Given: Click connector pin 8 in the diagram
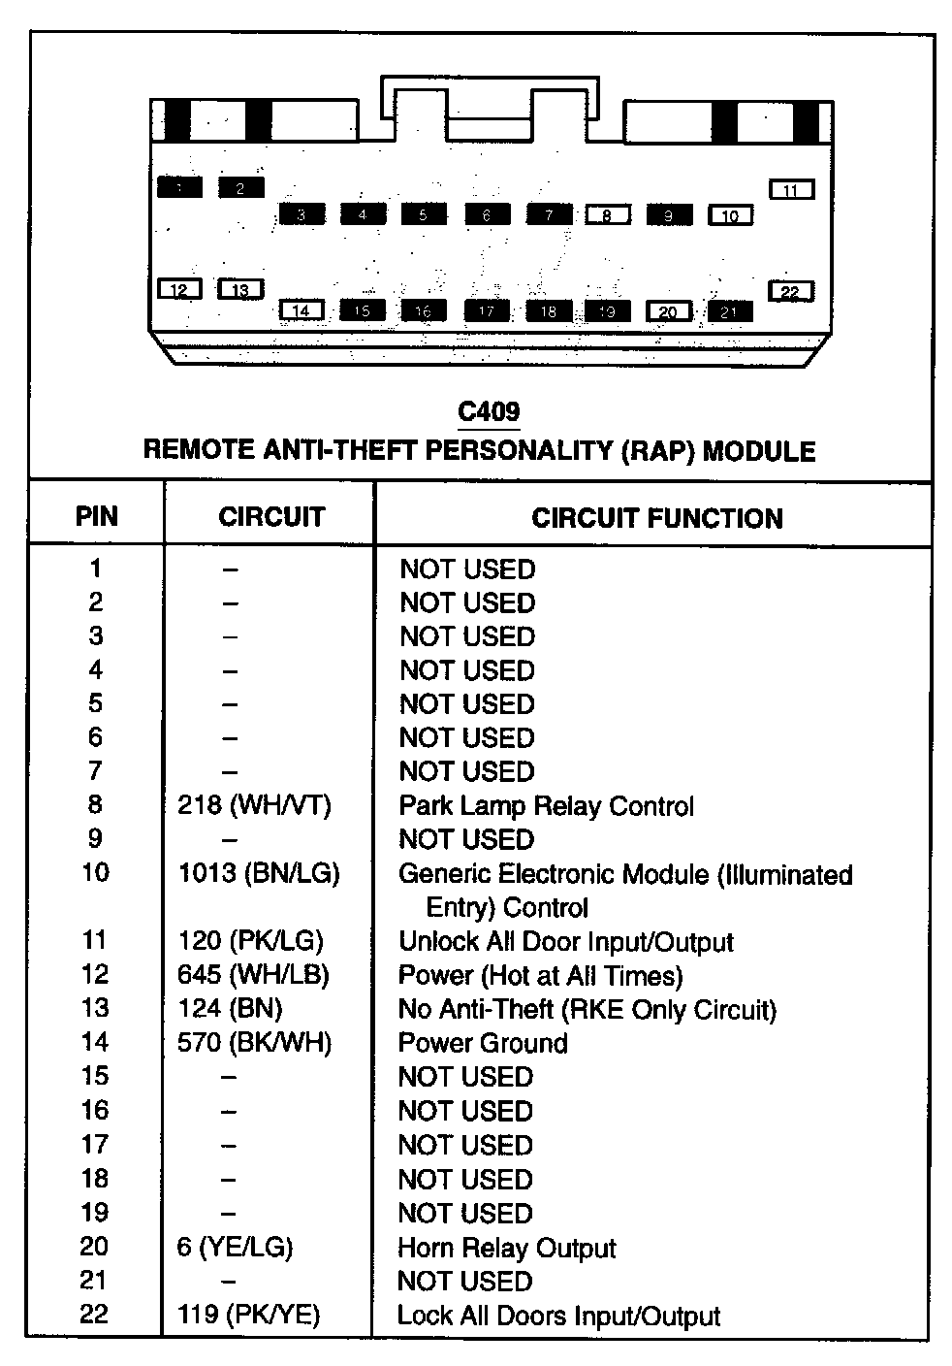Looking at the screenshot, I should coord(608,215).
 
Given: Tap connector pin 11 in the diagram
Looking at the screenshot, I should coord(791,190).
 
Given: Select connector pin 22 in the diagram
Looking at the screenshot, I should coord(791,292).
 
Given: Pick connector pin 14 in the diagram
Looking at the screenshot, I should coord(301,310).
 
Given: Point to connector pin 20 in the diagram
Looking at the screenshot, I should coord(668,311).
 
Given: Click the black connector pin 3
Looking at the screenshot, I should coord(301,214).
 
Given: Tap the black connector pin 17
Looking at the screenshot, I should coord(487,310).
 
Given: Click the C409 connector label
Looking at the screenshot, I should coord(489,412).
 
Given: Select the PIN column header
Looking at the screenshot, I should coord(97,516).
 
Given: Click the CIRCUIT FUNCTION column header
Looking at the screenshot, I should coord(656,518).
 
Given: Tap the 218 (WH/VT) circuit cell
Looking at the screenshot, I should coord(254,805).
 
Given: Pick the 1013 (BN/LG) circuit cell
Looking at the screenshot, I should coord(259,873).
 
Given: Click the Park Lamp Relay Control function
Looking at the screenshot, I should coord(547,806).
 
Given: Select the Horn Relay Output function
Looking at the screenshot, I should coord(507,1248).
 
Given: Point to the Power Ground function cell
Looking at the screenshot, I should coord(483,1043).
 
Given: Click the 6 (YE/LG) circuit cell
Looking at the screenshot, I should coord(235,1248).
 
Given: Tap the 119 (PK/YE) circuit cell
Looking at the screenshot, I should coord(248,1315).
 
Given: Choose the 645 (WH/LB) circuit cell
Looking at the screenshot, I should coord(253,975).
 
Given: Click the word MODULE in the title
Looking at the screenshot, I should coord(759,451).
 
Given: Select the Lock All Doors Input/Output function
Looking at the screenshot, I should coord(559,1316).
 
